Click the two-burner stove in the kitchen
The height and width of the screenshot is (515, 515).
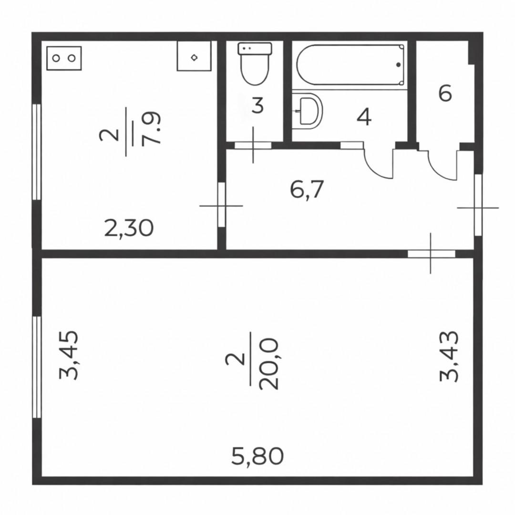(64, 58)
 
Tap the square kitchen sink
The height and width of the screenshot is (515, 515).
(194, 56)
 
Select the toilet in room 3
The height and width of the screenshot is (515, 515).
(255, 64)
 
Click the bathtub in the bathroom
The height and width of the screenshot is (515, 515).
(350, 65)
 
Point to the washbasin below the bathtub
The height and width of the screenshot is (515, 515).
(308, 110)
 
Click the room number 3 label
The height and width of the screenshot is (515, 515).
(258, 106)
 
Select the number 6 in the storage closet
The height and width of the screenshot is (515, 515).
(445, 93)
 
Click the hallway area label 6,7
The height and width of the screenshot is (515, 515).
(308, 189)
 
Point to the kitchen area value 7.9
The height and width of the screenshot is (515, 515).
(152, 128)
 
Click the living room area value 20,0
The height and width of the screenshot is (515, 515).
(268, 364)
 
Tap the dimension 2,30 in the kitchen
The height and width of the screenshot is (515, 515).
(129, 228)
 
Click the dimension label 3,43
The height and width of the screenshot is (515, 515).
(448, 356)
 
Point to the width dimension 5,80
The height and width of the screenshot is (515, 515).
(257, 456)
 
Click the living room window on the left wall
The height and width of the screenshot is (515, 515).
(37, 367)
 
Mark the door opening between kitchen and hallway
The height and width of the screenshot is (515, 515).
(221, 205)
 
